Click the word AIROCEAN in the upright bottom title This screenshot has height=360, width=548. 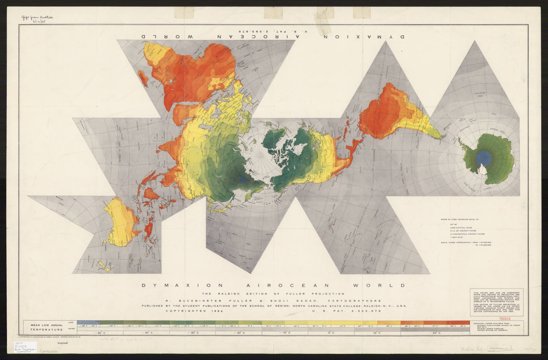(274, 285)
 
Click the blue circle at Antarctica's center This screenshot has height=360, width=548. (484, 157)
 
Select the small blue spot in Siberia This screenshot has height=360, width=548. (244, 179)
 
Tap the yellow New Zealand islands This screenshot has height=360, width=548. (104, 266)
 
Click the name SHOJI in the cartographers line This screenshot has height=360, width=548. (286, 301)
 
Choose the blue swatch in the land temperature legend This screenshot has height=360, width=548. (88, 323)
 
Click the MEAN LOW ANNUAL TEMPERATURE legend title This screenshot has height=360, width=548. (46, 328)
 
